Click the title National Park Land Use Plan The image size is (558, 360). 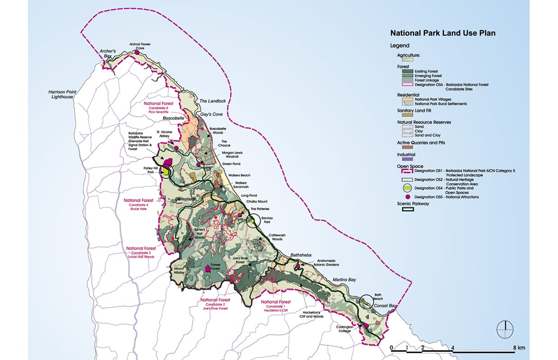[436, 33]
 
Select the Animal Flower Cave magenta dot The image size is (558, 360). [137, 53]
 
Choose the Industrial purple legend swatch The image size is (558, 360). [405, 159]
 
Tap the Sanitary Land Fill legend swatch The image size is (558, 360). [405, 115]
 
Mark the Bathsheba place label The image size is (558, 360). [301, 255]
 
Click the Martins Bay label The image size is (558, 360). [344, 280]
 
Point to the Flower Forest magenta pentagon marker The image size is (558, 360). [208, 268]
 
